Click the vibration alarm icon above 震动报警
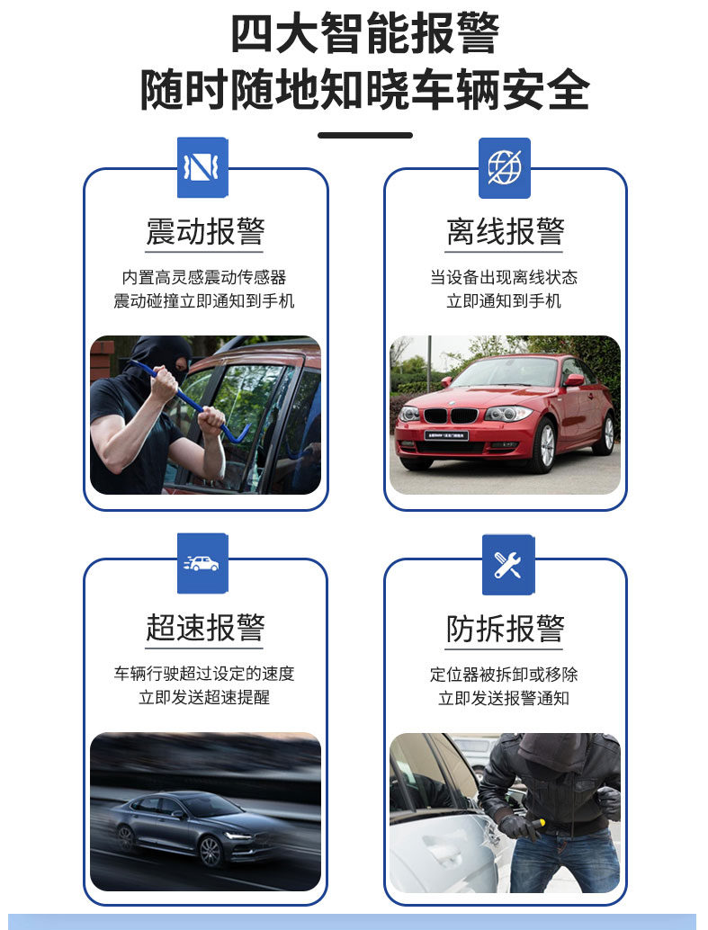click(x=202, y=167)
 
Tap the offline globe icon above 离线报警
click(x=505, y=168)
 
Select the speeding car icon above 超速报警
click(x=202, y=563)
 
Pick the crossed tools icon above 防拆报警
click(x=508, y=565)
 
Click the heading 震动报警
click(x=205, y=231)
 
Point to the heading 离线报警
click(x=505, y=231)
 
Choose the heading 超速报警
click(x=205, y=628)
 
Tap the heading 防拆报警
click(x=505, y=629)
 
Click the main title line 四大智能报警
click(x=364, y=34)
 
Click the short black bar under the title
click(x=365, y=135)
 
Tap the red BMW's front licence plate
click(x=446, y=436)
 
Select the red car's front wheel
click(x=544, y=445)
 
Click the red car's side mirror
click(x=573, y=380)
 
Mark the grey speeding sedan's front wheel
click(x=211, y=851)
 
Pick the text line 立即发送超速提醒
click(x=204, y=697)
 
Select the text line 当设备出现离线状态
click(x=504, y=277)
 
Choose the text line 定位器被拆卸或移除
click(x=504, y=675)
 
